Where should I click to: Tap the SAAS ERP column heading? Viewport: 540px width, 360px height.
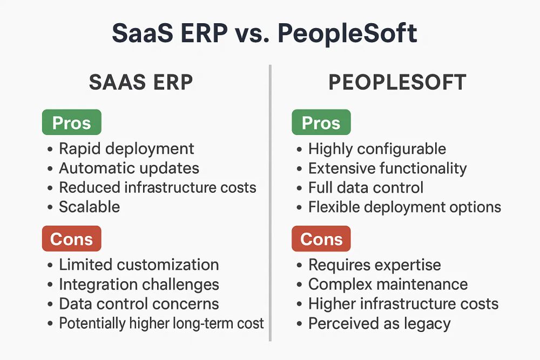pyautogui.click(x=141, y=83)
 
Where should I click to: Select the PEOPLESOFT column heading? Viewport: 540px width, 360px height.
pyautogui.click(x=397, y=83)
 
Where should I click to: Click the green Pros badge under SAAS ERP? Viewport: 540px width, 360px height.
pyautogui.click(x=72, y=122)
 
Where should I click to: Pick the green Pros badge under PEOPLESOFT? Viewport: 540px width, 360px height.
pyautogui.click(x=321, y=122)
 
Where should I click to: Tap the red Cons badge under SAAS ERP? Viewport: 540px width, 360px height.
pyautogui.click(x=72, y=239)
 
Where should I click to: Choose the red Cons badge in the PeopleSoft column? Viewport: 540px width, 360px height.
pyautogui.click(x=321, y=239)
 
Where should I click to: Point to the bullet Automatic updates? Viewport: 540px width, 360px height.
pyautogui.click(x=129, y=168)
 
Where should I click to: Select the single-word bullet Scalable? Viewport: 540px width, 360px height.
pyautogui.click(x=90, y=207)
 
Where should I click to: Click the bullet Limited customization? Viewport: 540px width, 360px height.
pyautogui.click(x=139, y=265)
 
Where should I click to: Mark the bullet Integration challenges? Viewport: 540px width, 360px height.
pyautogui.click(x=139, y=284)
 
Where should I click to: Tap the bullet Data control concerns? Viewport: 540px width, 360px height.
pyautogui.click(x=139, y=304)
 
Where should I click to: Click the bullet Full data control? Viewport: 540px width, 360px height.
pyautogui.click(x=366, y=188)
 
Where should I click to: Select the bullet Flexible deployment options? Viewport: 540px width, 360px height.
pyautogui.click(x=404, y=207)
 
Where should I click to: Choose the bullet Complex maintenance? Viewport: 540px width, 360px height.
pyautogui.click(x=388, y=284)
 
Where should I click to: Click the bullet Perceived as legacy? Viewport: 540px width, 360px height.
pyautogui.click(x=380, y=324)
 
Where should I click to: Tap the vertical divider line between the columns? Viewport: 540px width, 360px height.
pyautogui.click(x=271, y=203)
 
